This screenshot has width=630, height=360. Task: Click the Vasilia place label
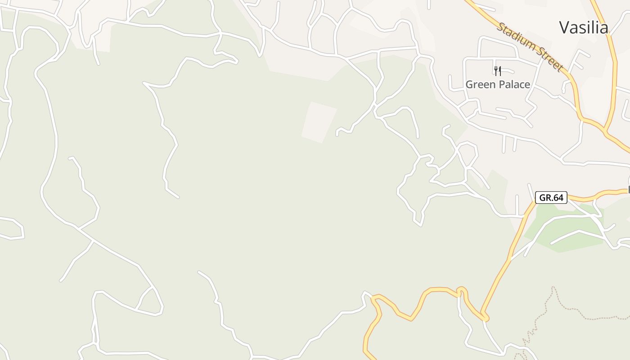click(584, 27)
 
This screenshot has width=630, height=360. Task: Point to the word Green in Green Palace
click(480, 85)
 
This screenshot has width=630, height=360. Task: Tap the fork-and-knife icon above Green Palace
click(497, 71)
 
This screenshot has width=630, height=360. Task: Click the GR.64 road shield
click(551, 198)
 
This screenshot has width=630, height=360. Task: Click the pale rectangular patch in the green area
click(319, 122)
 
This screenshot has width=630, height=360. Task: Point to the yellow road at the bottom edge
click(367, 353)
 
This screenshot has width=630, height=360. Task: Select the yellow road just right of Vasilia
click(613, 49)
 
